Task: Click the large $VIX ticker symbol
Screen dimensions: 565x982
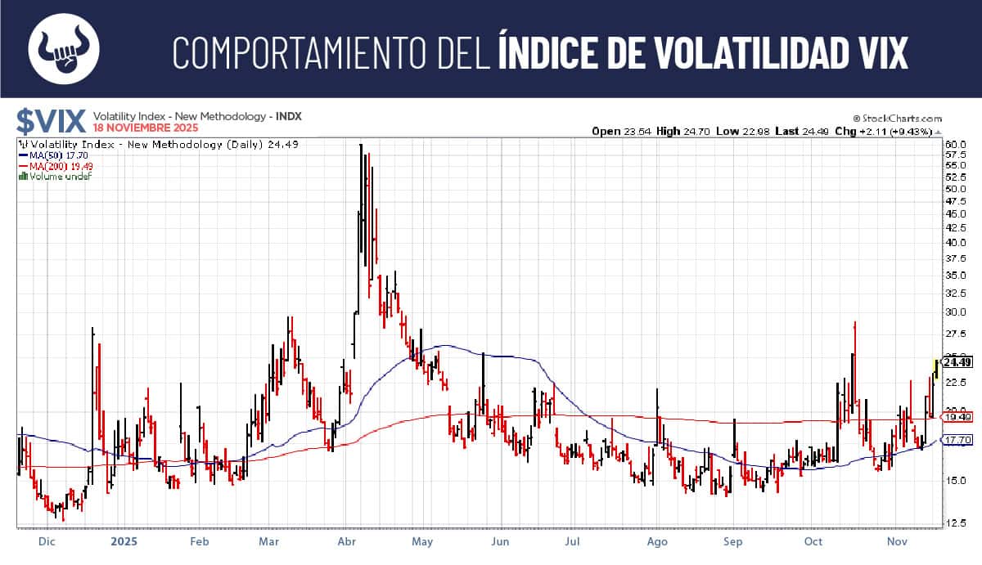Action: [51, 122]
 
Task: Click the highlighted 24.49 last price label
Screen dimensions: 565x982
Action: [957, 362]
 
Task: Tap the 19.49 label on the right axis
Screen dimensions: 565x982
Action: [957, 417]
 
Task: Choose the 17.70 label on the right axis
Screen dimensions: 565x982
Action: [957, 440]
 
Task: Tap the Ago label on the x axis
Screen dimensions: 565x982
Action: [658, 541]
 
